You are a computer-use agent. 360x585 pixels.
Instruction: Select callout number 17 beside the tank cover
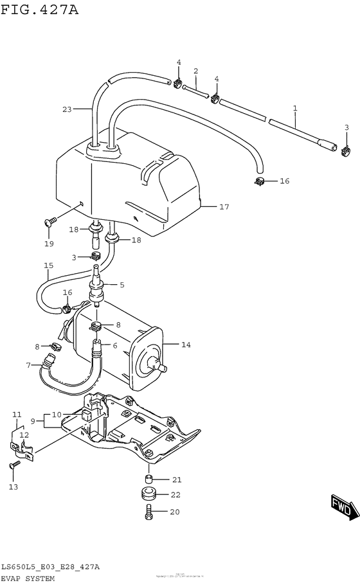(224, 207)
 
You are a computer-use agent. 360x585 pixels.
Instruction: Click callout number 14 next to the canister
(186, 345)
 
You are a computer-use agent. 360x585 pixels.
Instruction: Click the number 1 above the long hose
(295, 108)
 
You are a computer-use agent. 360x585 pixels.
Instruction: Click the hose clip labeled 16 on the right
(260, 181)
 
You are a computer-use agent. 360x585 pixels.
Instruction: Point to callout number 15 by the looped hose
(49, 265)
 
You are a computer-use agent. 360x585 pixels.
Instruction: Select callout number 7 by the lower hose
(28, 365)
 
